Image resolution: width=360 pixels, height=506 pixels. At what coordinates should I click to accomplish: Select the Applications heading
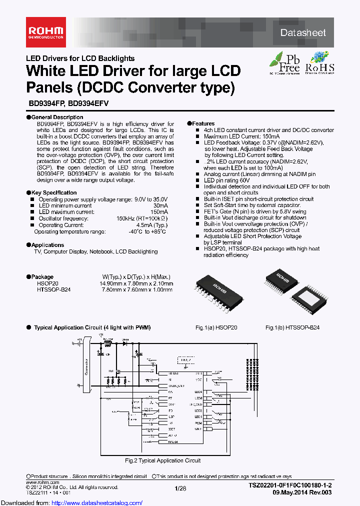tap(47, 245)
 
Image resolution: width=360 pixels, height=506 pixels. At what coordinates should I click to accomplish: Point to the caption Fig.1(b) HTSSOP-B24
tap(292, 327)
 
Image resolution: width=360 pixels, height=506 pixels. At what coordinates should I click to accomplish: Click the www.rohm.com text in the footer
tap(38, 480)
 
